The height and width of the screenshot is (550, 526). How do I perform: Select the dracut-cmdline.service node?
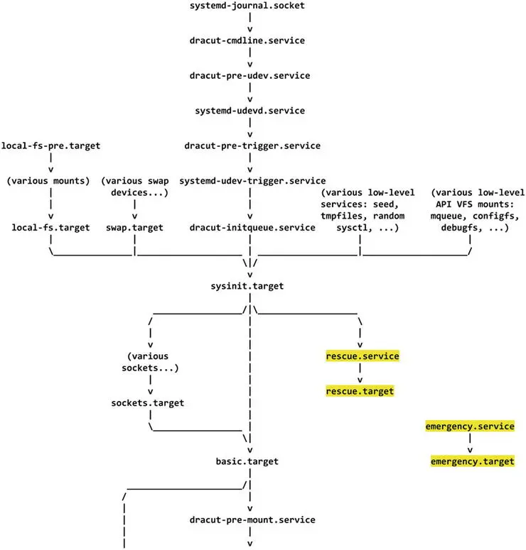pyautogui.click(x=250, y=40)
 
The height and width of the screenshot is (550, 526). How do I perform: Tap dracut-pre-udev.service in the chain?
pyautogui.click(x=250, y=75)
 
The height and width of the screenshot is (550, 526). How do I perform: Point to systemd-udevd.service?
pyautogui.click(x=250, y=111)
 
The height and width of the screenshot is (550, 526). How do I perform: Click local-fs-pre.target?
pyautogui.click(x=51, y=145)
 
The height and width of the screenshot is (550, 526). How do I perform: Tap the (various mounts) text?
pyautogui.click(x=48, y=180)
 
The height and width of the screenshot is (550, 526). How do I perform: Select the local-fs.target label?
pyautogui.click(x=51, y=227)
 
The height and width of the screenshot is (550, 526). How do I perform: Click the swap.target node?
pyautogui.click(x=134, y=227)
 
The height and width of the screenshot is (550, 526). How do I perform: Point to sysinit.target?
pyautogui.click(x=250, y=285)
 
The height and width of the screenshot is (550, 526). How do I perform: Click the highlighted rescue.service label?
pyautogui.click(x=362, y=356)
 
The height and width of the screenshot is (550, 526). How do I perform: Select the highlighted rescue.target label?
pyautogui.click(x=360, y=391)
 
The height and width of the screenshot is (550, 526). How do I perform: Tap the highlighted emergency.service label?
pyautogui.click(x=469, y=426)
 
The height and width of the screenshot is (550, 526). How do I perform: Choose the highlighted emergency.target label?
pyautogui.click(x=472, y=461)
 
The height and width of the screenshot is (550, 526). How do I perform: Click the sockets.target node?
pyautogui.click(x=148, y=402)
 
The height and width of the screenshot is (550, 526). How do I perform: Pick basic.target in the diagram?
pyautogui.click(x=247, y=461)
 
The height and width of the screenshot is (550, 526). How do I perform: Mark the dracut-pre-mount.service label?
pyautogui.click(x=252, y=519)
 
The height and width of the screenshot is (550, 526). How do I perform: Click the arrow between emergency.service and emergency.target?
pyautogui.click(x=470, y=446)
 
